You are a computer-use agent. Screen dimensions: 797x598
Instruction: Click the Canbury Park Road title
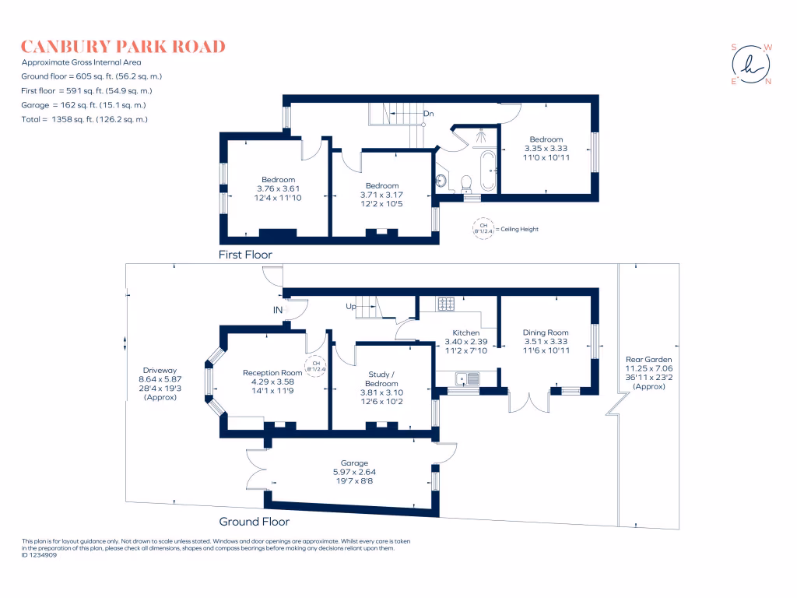[123, 47]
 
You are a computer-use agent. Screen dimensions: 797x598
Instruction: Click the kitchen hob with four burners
[446, 304]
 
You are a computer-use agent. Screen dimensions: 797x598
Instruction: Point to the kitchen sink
[468, 379]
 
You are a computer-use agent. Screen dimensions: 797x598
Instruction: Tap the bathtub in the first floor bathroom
[488, 171]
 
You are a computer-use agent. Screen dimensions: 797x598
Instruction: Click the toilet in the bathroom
[466, 183]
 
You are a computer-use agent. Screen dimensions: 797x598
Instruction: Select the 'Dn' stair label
[429, 114]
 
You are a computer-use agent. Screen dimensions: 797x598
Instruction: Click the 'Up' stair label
[351, 306]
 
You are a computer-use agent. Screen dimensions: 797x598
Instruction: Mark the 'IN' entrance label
[278, 310]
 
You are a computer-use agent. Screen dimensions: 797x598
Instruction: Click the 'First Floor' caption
[245, 255]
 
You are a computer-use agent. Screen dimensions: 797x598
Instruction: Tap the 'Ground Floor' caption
[255, 521]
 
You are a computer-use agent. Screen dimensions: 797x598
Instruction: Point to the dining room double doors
[529, 402]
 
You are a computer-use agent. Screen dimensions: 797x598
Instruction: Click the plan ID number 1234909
[39, 555]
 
